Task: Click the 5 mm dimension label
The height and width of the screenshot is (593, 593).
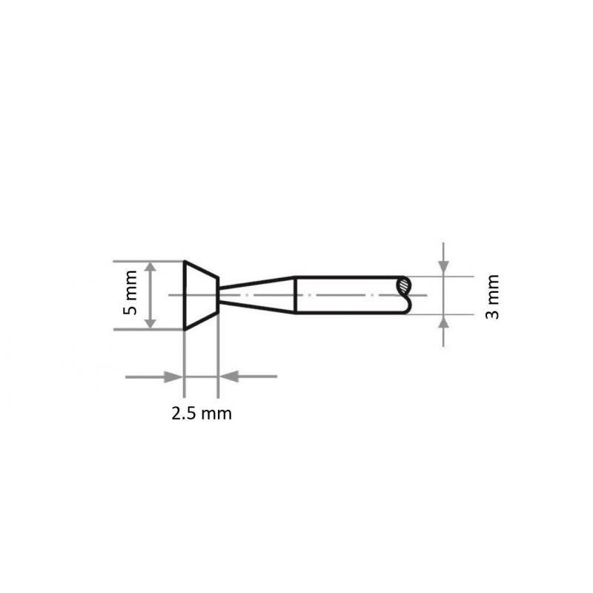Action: click(130, 295)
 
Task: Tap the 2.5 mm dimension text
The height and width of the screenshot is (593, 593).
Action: click(201, 414)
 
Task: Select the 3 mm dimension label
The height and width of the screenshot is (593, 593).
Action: click(492, 296)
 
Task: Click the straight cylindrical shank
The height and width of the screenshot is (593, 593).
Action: click(348, 295)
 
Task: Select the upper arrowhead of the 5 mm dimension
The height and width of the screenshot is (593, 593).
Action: click(150, 268)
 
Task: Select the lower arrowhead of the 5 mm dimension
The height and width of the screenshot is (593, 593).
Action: click(150, 322)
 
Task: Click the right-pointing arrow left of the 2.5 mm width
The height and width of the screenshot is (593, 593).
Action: click(173, 377)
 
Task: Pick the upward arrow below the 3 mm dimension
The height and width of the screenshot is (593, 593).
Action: click(443, 322)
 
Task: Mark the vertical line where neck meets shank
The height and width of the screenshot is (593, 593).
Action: click(296, 295)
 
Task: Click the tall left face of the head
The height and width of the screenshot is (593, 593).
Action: click(184, 295)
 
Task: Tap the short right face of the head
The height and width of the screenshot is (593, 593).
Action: click(218, 295)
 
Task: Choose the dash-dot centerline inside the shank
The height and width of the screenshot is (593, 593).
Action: click(348, 295)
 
